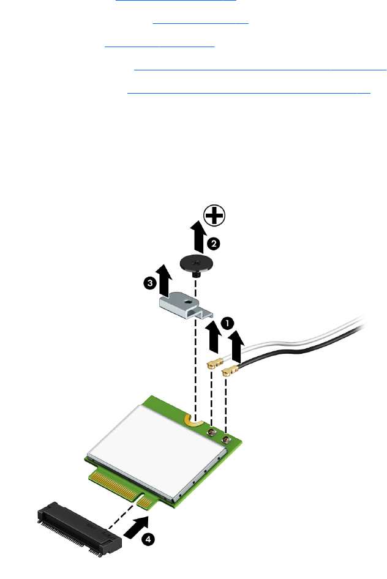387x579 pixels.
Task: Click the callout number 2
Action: (212, 244)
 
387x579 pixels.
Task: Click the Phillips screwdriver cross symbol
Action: (214, 215)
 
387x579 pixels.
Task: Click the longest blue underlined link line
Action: (260, 70)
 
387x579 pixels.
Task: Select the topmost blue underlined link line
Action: (176, 1)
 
